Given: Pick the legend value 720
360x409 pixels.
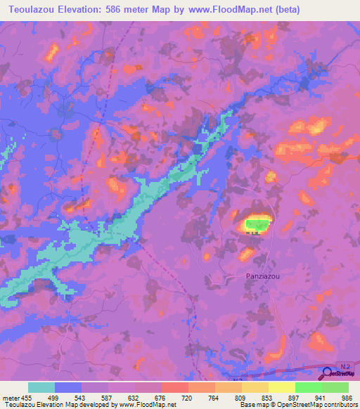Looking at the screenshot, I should point(186,398).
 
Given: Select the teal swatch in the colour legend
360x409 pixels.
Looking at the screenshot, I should point(41,388).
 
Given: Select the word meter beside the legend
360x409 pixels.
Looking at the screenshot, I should point(12,398).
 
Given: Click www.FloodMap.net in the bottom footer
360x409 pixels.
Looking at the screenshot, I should point(138,405).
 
